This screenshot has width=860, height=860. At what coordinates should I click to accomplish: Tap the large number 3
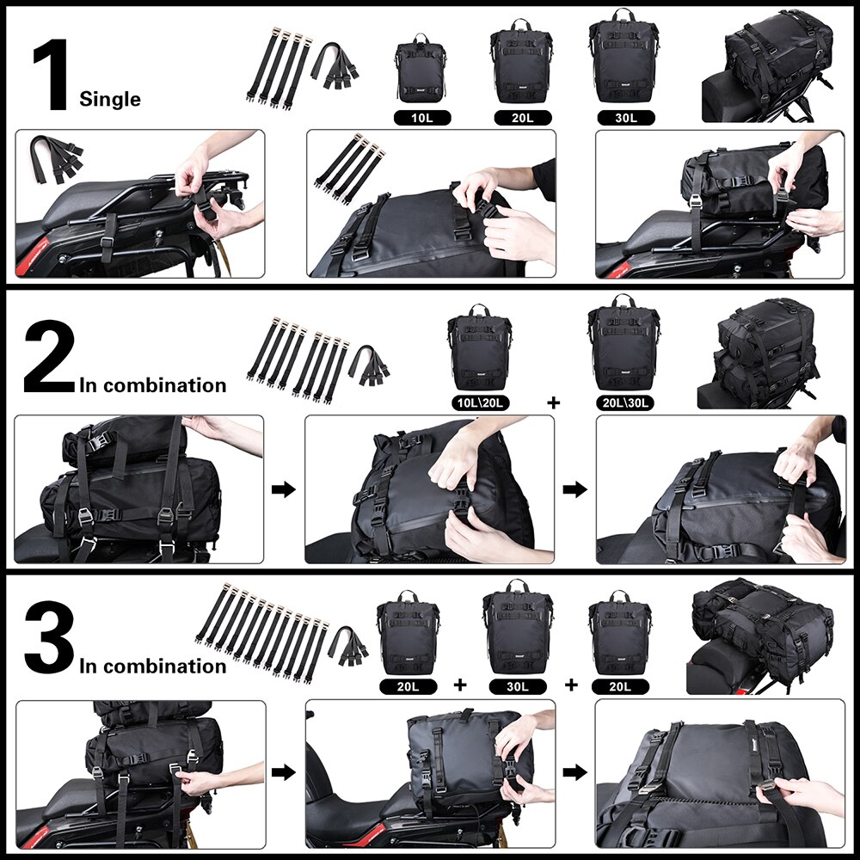point(50,638)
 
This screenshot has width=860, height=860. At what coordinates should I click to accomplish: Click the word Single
point(110,99)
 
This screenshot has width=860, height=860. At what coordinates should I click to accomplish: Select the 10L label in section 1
point(422,117)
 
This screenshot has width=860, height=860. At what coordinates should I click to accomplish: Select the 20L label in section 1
point(522,117)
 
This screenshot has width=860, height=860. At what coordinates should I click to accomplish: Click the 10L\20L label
point(478,402)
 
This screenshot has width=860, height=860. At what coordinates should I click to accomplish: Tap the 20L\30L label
point(623,402)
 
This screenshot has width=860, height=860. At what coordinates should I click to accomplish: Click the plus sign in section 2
point(552,402)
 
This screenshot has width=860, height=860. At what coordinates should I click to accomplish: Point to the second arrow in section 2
point(574,489)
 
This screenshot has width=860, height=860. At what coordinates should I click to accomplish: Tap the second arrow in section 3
point(574,771)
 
